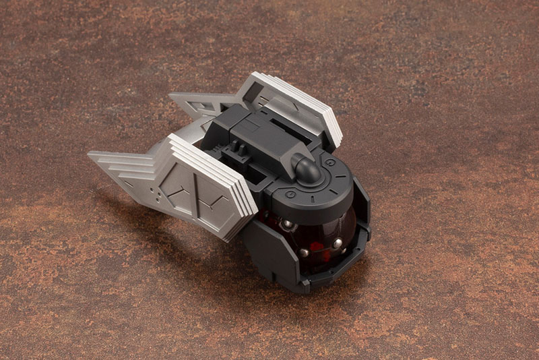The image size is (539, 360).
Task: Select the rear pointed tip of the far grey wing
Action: point(171,96)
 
